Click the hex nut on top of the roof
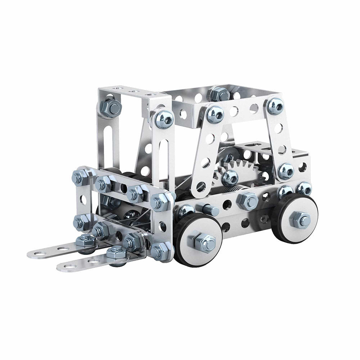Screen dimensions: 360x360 click(x=219, y=94)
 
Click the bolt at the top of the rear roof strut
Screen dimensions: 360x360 click(x=275, y=106)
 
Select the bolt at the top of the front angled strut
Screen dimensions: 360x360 click(x=215, y=114)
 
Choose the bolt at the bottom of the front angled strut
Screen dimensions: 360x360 click(x=230, y=177)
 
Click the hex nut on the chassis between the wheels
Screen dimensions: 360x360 click(x=248, y=201)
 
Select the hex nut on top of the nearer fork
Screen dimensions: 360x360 click(x=116, y=253)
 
